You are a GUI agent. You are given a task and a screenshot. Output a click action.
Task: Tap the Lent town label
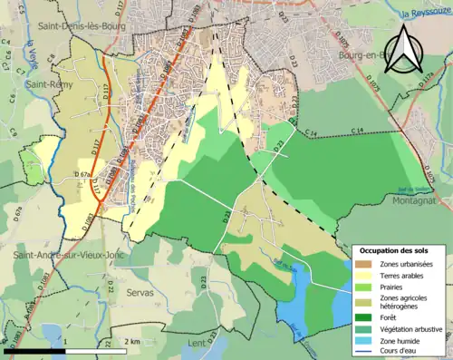point(199,344)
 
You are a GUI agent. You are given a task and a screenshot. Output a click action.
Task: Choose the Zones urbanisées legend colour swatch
point(364,263)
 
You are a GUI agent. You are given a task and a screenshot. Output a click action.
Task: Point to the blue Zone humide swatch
point(364,341)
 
